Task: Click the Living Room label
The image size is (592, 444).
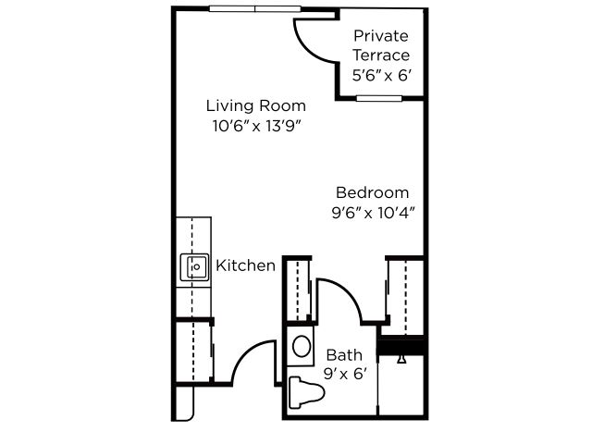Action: pyautogui.click(x=256, y=105)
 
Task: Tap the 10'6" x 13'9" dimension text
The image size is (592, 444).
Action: pyautogui.click(x=258, y=126)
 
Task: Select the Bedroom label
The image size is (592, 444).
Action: pyautogui.click(x=372, y=193)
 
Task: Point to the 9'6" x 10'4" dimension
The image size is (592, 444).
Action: pyautogui.click(x=373, y=214)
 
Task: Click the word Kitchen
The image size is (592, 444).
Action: pyautogui.click(x=245, y=265)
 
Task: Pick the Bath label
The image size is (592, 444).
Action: pyautogui.click(x=344, y=355)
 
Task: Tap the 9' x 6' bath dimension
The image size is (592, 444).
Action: pyautogui.click(x=345, y=374)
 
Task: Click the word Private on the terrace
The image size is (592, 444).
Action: pyautogui.click(x=381, y=37)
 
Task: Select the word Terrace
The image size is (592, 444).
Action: pyautogui.click(x=381, y=55)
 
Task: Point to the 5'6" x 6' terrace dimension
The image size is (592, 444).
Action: pyautogui.click(x=381, y=76)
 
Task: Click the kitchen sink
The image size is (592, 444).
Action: pyautogui.click(x=194, y=267)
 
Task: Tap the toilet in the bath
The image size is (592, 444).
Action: pyautogui.click(x=306, y=392)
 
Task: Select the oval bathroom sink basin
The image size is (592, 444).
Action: pyautogui.click(x=302, y=346)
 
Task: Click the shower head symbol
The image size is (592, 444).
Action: pyautogui.click(x=402, y=359)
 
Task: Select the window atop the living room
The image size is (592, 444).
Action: pyautogui.click(x=255, y=8)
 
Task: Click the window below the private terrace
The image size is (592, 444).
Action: pyautogui.click(x=379, y=99)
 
